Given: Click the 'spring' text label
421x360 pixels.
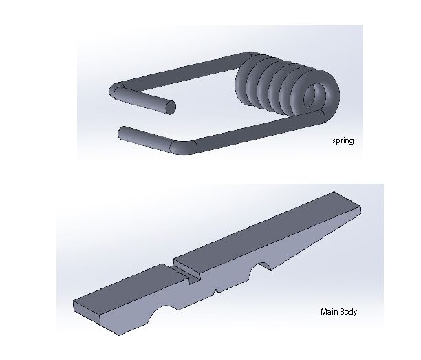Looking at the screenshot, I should point(343,141).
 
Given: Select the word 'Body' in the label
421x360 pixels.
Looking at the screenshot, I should point(347,312).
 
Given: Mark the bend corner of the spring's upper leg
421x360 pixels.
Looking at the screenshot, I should point(118,89).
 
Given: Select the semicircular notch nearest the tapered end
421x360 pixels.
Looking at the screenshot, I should point(263,266).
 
